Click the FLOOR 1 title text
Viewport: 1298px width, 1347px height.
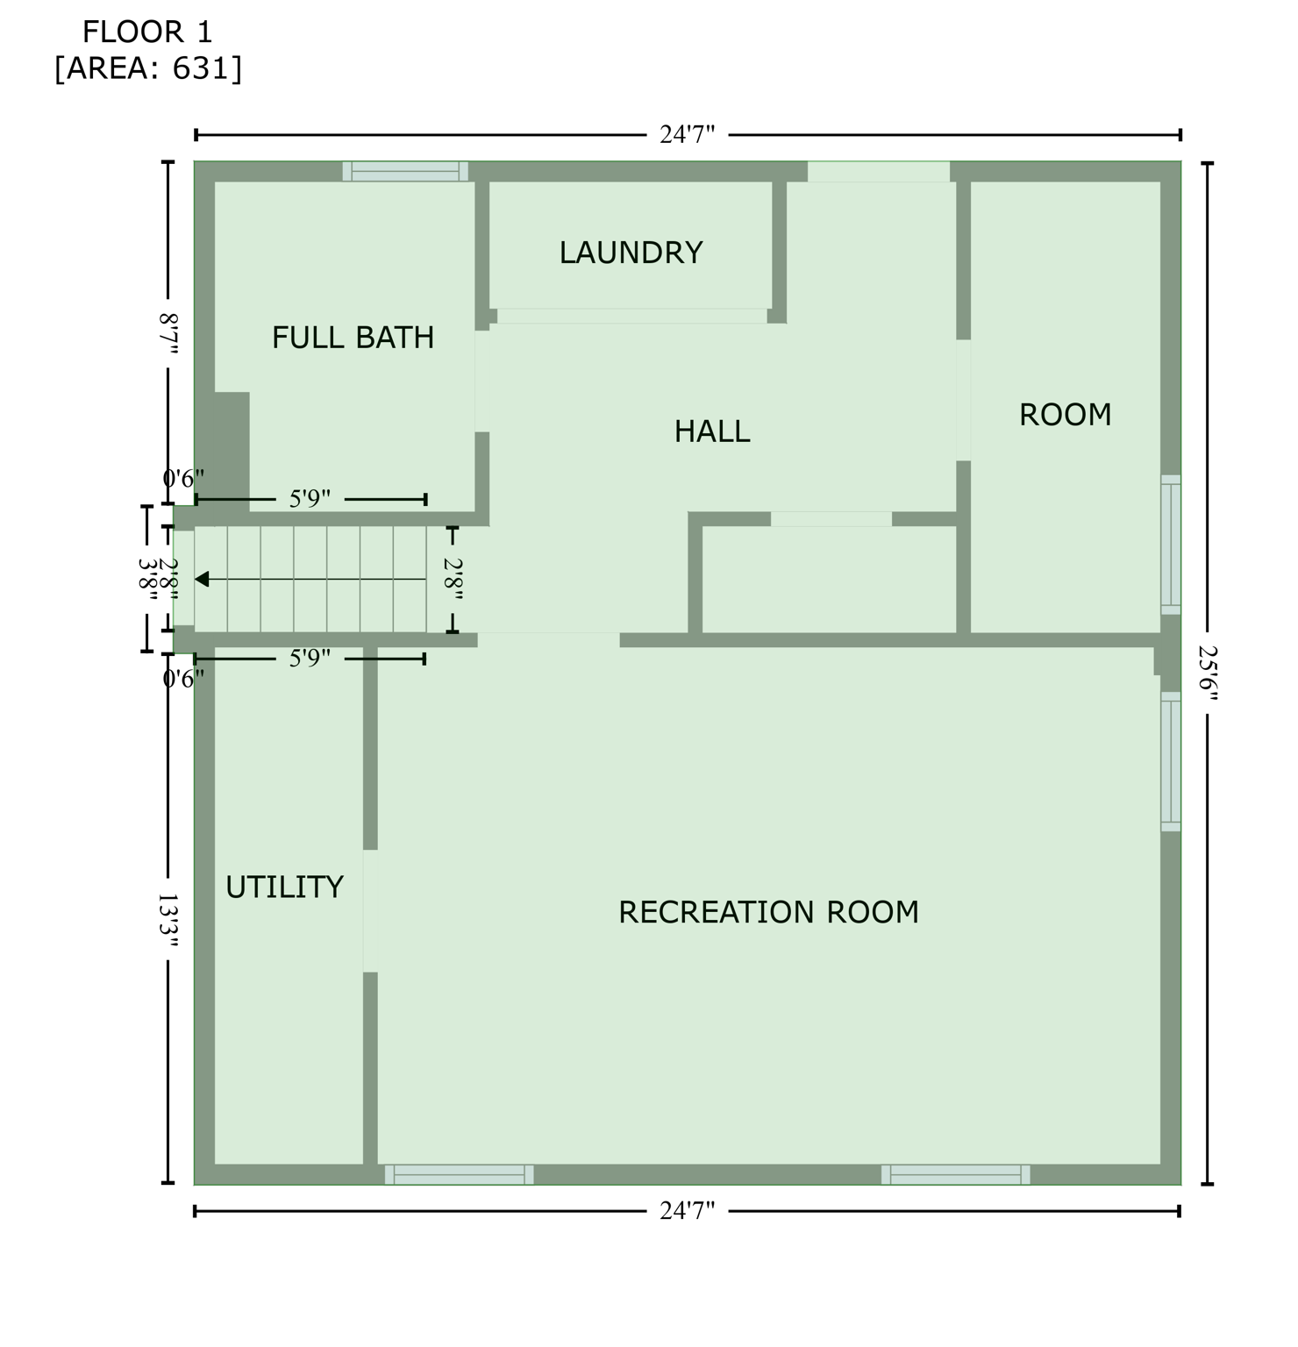pyautogui.click(x=147, y=32)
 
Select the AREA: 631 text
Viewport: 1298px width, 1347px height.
pyautogui.click(x=147, y=68)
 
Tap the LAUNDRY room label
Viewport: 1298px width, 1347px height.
pyautogui.click(x=631, y=253)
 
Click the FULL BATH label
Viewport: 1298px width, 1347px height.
pyautogui.click(x=353, y=338)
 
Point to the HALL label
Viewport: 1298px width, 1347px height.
pyautogui.click(x=712, y=431)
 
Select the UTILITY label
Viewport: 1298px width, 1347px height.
pyautogui.click(x=284, y=887)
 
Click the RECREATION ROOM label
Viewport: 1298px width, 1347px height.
pyautogui.click(x=768, y=912)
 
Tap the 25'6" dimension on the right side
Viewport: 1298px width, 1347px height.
pyautogui.click(x=1209, y=673)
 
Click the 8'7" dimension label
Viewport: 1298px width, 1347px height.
pyautogui.click(x=168, y=333)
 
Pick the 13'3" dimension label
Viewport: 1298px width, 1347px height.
pyautogui.click(x=168, y=921)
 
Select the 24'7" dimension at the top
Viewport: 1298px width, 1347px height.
pyautogui.click(x=687, y=135)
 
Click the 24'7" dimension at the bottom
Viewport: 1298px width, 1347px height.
pyautogui.click(x=687, y=1211)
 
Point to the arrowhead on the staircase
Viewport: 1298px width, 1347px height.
pyautogui.click(x=202, y=579)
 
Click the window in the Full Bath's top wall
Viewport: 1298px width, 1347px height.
pyautogui.click(x=404, y=171)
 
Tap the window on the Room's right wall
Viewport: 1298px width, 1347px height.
pyautogui.click(x=1171, y=544)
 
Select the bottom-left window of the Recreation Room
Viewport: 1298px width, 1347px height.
pyautogui.click(x=459, y=1174)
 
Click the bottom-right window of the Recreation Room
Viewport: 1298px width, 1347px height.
pyautogui.click(x=955, y=1174)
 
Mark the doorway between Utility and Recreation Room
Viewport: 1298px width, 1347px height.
pyautogui.click(x=370, y=910)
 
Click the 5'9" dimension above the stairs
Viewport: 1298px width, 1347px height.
pyautogui.click(x=310, y=499)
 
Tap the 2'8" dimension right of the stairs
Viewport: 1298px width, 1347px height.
pyautogui.click(x=453, y=579)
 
